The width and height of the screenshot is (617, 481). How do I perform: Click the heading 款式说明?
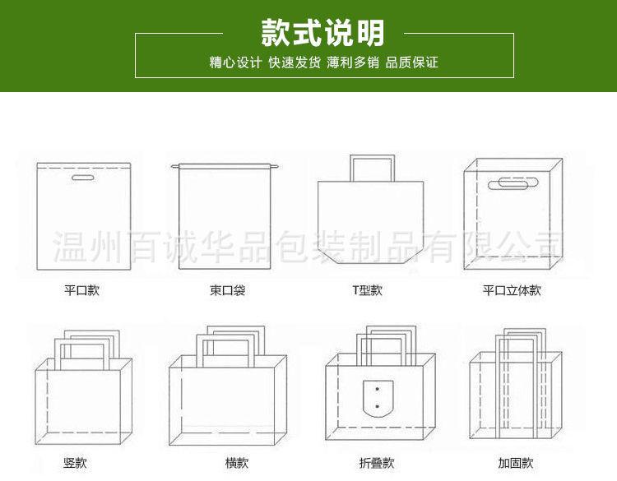coord(323,34)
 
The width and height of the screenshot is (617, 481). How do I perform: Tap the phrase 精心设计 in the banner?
coord(235,62)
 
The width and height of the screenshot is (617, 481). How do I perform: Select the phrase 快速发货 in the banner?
coord(294,62)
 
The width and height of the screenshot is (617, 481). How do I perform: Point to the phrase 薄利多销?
coord(353,62)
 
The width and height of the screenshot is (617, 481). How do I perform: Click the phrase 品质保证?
coord(411,62)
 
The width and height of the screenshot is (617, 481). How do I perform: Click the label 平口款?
coord(81,290)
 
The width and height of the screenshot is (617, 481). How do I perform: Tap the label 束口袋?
coord(227,290)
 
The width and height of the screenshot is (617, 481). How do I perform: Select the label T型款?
coord(367,290)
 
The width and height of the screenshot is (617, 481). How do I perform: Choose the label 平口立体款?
coord(512,290)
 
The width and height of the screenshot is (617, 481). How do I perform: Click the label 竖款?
coord(75,463)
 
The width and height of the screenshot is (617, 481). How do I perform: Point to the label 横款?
coord(237,463)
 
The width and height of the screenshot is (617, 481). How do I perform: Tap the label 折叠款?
coord(377,463)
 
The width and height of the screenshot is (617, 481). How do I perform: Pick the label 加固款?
coord(516,463)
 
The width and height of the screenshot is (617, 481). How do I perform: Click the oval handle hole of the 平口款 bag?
coord(83,178)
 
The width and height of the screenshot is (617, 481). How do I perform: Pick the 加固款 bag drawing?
coord(515,395)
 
